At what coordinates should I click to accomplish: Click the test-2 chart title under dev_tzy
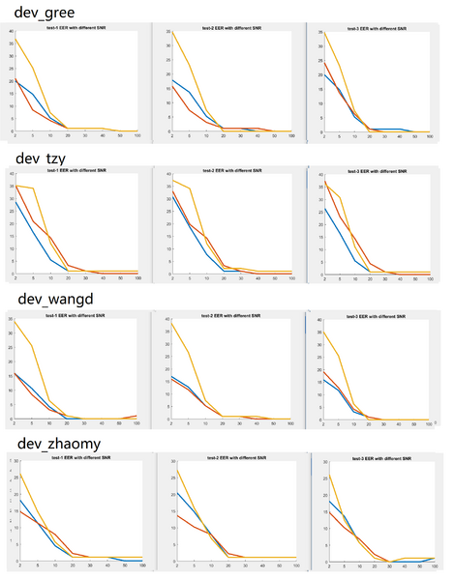[x=230, y=173]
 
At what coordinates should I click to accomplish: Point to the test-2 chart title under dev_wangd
[x=230, y=316]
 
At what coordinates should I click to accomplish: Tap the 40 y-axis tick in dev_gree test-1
[x=12, y=33]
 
